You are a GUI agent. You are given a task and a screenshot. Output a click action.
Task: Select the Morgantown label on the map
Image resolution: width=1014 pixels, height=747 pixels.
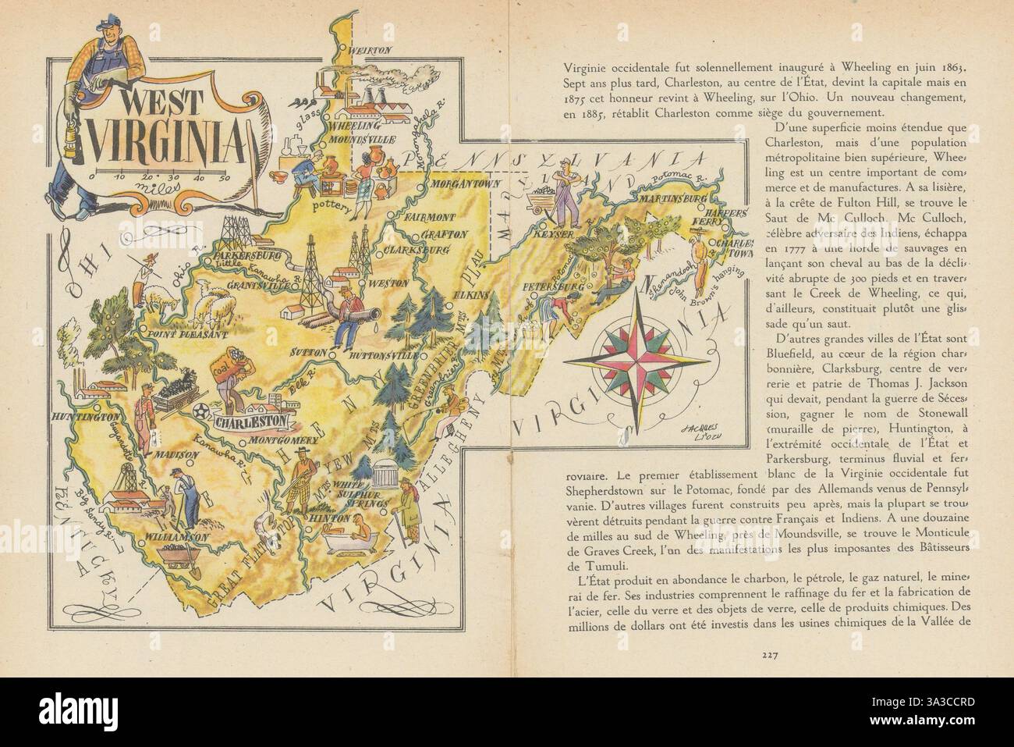click(456, 187)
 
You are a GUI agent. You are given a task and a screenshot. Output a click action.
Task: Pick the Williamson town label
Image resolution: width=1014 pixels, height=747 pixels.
click(178, 537)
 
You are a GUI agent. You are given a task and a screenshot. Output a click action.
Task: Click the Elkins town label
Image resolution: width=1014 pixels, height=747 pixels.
click(468, 295)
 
